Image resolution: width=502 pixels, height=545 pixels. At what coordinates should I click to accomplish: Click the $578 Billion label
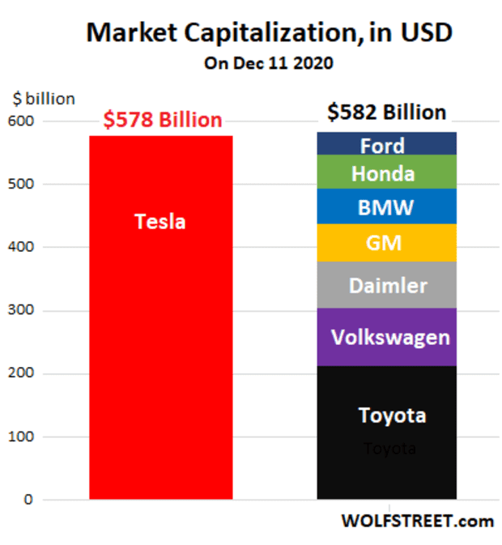pos(162,120)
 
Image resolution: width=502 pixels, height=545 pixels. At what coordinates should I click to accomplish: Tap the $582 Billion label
pos(386,113)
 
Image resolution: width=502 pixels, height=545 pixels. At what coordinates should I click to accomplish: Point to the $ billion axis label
pos(44,99)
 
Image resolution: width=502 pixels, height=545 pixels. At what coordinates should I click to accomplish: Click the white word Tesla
pos(160,221)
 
